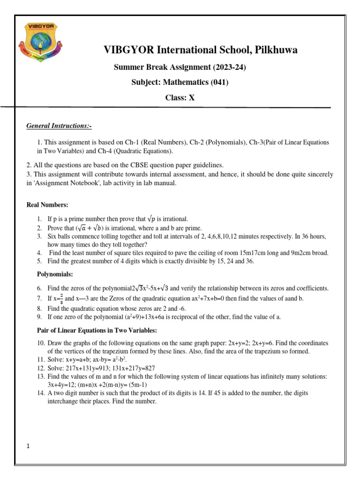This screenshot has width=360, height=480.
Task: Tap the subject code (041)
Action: [220, 82]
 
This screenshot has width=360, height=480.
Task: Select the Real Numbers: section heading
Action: [48, 205]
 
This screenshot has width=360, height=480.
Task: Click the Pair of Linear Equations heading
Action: [97, 330]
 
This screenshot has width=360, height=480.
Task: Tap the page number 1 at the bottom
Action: [29, 446]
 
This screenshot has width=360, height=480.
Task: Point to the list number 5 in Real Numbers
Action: [40, 261]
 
